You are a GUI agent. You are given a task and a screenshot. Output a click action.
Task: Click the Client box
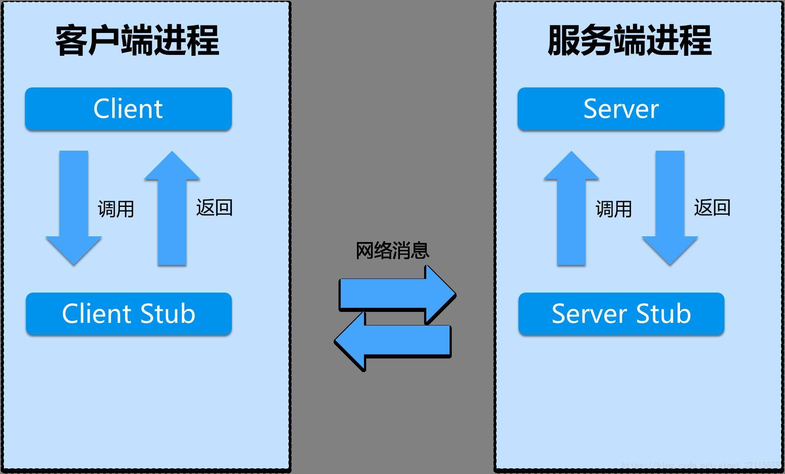(x=128, y=109)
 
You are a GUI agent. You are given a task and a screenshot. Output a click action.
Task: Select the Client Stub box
(x=128, y=314)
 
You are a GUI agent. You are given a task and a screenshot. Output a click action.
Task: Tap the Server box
(x=621, y=109)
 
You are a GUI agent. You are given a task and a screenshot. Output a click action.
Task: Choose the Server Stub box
(x=621, y=314)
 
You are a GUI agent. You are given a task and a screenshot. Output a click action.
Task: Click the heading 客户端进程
(x=137, y=40)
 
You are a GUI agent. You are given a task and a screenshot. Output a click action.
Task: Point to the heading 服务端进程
(x=630, y=40)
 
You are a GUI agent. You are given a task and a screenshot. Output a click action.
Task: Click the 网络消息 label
(x=392, y=250)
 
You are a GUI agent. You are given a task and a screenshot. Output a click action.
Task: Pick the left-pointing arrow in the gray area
(x=393, y=341)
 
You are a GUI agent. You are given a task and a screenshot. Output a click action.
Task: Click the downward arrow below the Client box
(x=74, y=206)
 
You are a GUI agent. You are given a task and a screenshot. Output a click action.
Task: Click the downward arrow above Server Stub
(x=670, y=206)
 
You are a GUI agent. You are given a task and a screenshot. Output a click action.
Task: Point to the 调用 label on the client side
(x=116, y=209)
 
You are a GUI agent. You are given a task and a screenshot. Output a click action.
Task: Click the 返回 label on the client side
(x=214, y=207)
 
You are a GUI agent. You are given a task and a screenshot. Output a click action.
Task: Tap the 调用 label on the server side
(x=613, y=209)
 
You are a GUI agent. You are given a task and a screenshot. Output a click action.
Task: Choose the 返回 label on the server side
(x=712, y=207)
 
